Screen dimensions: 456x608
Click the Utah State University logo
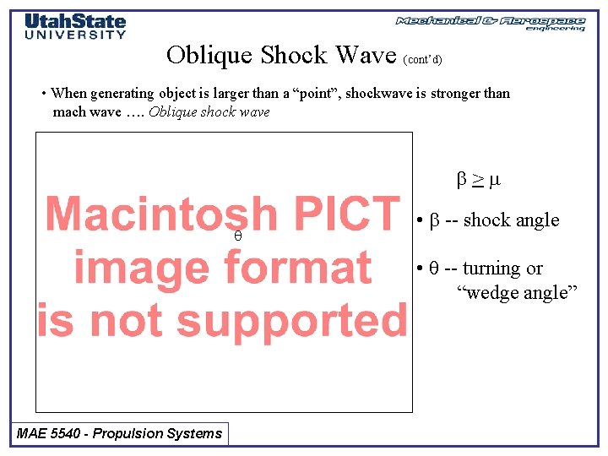pyautogui.click(x=74, y=25)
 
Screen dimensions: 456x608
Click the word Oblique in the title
pyautogui.click(x=209, y=55)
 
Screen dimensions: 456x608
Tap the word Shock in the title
pyautogui.click(x=295, y=55)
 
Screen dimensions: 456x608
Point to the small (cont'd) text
pyautogui.click(x=422, y=60)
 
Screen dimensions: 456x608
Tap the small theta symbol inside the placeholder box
pyautogui.click(x=238, y=237)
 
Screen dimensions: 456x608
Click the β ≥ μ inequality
pyautogui.click(x=479, y=180)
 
